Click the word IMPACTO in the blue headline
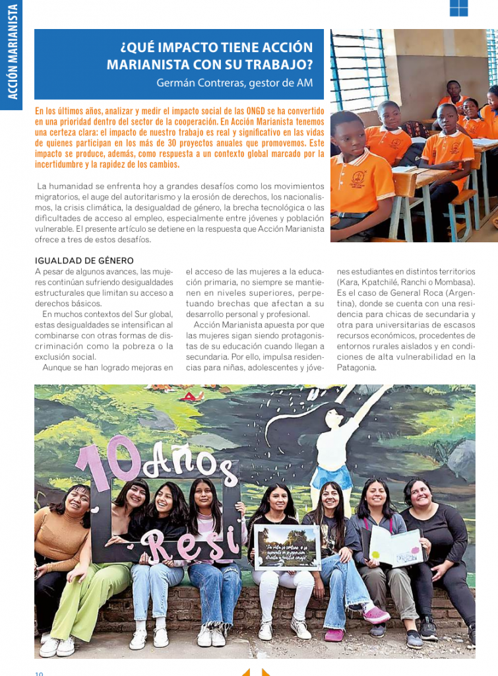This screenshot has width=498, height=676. coord(175,48)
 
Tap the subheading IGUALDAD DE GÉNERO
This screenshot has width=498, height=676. coord(84,260)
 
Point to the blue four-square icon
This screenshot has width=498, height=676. coord(458,7)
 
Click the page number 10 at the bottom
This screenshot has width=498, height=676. coord(39,673)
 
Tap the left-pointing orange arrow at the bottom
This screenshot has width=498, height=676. coord(245,672)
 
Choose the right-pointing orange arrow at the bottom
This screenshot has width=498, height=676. coord(266,672)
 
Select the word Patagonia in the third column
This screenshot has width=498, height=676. coord(356,368)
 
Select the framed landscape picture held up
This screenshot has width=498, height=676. coord(287,546)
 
